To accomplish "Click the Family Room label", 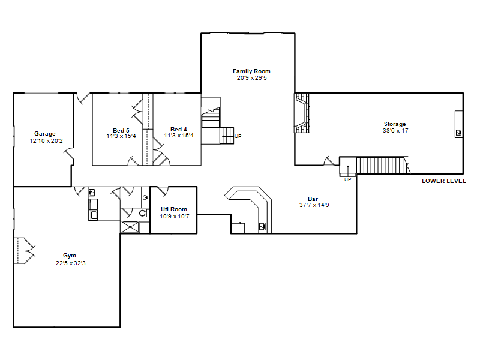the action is [x=251, y=71].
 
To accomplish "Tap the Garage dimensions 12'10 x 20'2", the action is [x=46, y=141].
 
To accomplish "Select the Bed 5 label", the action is [x=121, y=131].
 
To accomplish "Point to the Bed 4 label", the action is [x=178, y=130].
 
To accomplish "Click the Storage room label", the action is [x=395, y=124].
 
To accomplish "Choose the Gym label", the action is [x=70, y=256].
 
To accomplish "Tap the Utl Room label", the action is [x=174, y=209].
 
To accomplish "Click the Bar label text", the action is [x=313, y=199].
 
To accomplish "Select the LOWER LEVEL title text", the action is [x=444, y=181].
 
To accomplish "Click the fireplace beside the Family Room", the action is [x=302, y=113].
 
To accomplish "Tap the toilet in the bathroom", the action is [x=143, y=212].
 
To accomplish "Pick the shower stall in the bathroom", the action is [x=130, y=227].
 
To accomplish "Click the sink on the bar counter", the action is [x=262, y=227].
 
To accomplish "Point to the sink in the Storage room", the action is [x=458, y=133].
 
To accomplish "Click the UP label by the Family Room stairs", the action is [x=238, y=136].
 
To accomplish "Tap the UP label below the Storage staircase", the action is [x=348, y=179].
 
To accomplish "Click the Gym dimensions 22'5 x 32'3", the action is [x=71, y=263].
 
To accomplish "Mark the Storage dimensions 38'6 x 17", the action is [x=395, y=131].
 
